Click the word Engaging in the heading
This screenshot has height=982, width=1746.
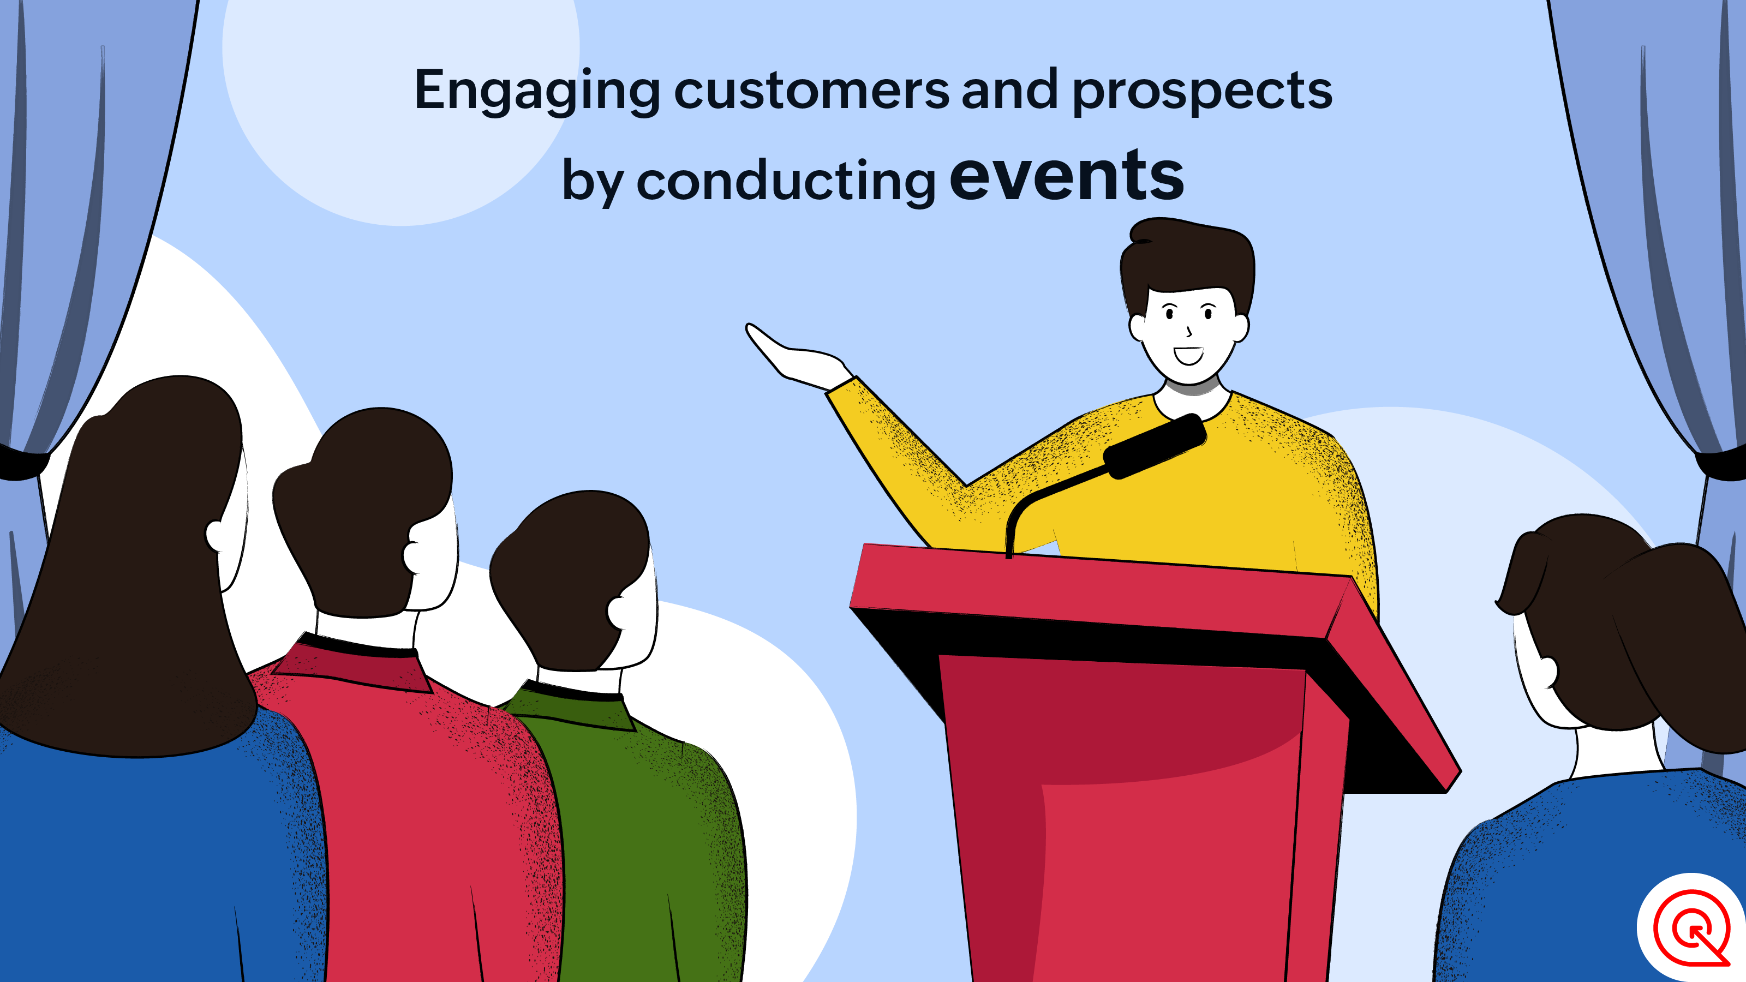[537, 92]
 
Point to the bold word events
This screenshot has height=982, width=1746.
[1067, 176]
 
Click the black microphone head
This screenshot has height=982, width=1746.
[1155, 446]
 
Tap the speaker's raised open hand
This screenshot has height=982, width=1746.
[797, 356]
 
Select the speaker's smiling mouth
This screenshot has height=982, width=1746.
[1188, 355]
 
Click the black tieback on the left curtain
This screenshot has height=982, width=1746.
[23, 464]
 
